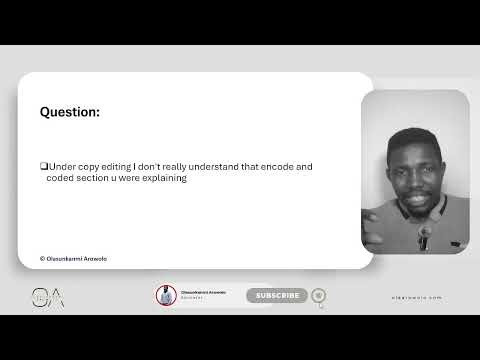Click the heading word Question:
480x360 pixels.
[70, 112]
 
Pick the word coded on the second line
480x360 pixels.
[59, 178]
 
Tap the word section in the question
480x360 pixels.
[93, 178]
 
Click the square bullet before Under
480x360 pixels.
[43, 166]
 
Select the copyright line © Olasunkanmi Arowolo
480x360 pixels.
[73, 258]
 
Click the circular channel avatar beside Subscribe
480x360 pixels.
[166, 295]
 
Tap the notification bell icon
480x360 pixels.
[318, 295]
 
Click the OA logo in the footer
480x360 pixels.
[47, 297]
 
